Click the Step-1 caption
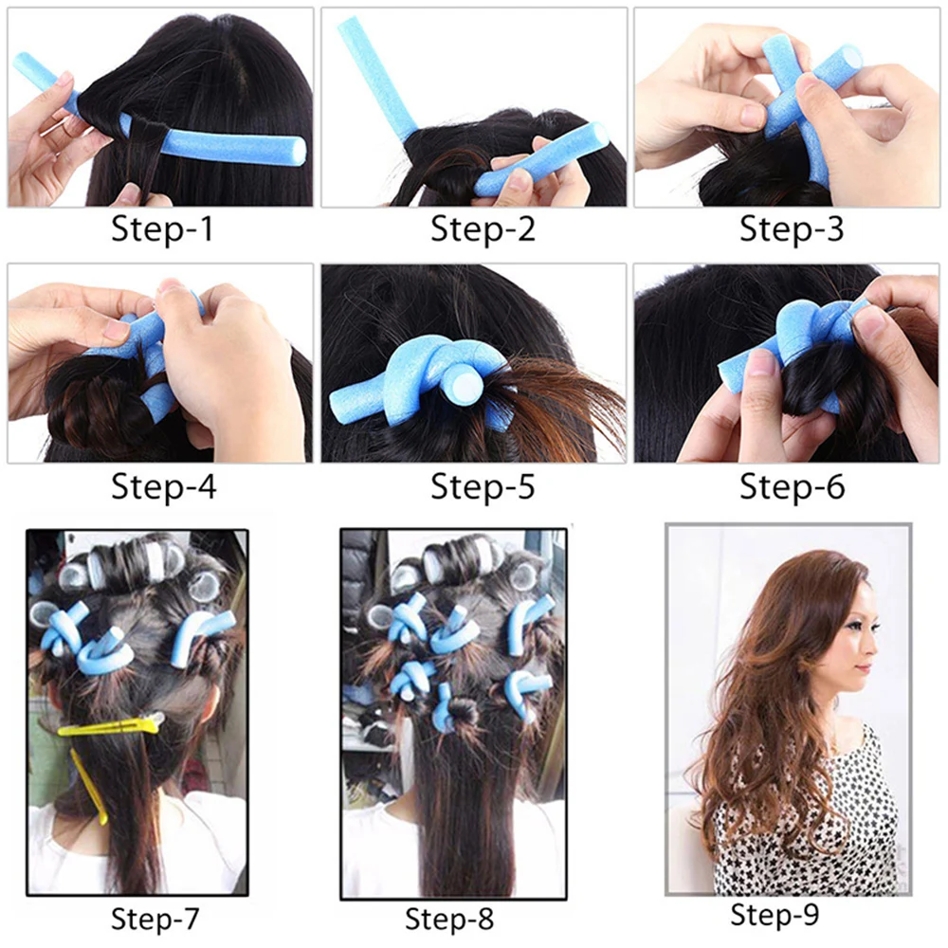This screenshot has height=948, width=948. click(x=164, y=229)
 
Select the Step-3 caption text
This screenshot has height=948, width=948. click(x=792, y=229)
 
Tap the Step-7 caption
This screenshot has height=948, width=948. click(x=155, y=918)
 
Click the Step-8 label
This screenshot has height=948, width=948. click(x=449, y=918)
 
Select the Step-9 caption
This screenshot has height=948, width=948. click(x=775, y=915)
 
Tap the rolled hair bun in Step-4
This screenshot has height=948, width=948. click(x=90, y=408)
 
